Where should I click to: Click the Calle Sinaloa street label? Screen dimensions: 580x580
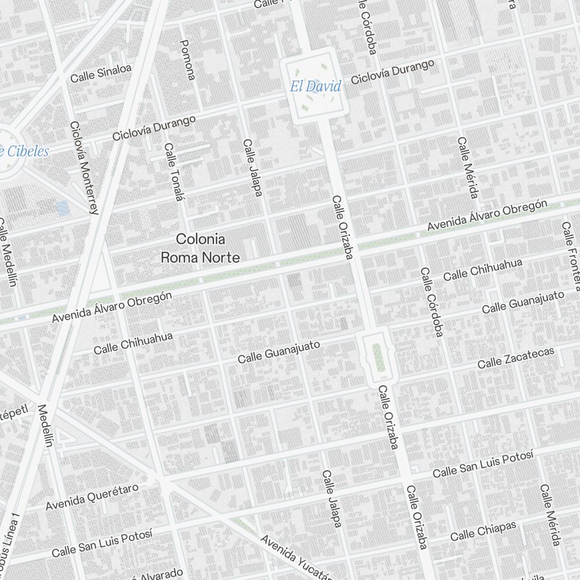click(101, 73)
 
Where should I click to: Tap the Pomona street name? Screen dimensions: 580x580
click(188, 60)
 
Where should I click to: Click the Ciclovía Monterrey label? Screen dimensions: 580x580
click(84, 167)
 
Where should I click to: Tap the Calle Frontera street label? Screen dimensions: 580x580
click(570, 255)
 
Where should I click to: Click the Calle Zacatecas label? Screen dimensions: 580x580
click(516, 357)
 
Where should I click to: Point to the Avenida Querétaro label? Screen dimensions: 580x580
click(92, 496)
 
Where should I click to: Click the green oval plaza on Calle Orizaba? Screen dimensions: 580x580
click(378, 357)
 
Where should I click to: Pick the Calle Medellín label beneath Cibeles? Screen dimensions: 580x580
click(9, 252)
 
